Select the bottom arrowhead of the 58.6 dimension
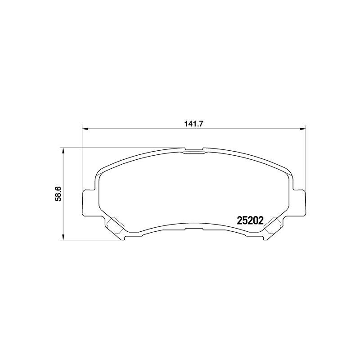pos(63,237)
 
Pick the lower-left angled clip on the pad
pos(116,225)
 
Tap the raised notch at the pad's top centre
pos(193,150)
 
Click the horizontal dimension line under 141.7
pos(135,129)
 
